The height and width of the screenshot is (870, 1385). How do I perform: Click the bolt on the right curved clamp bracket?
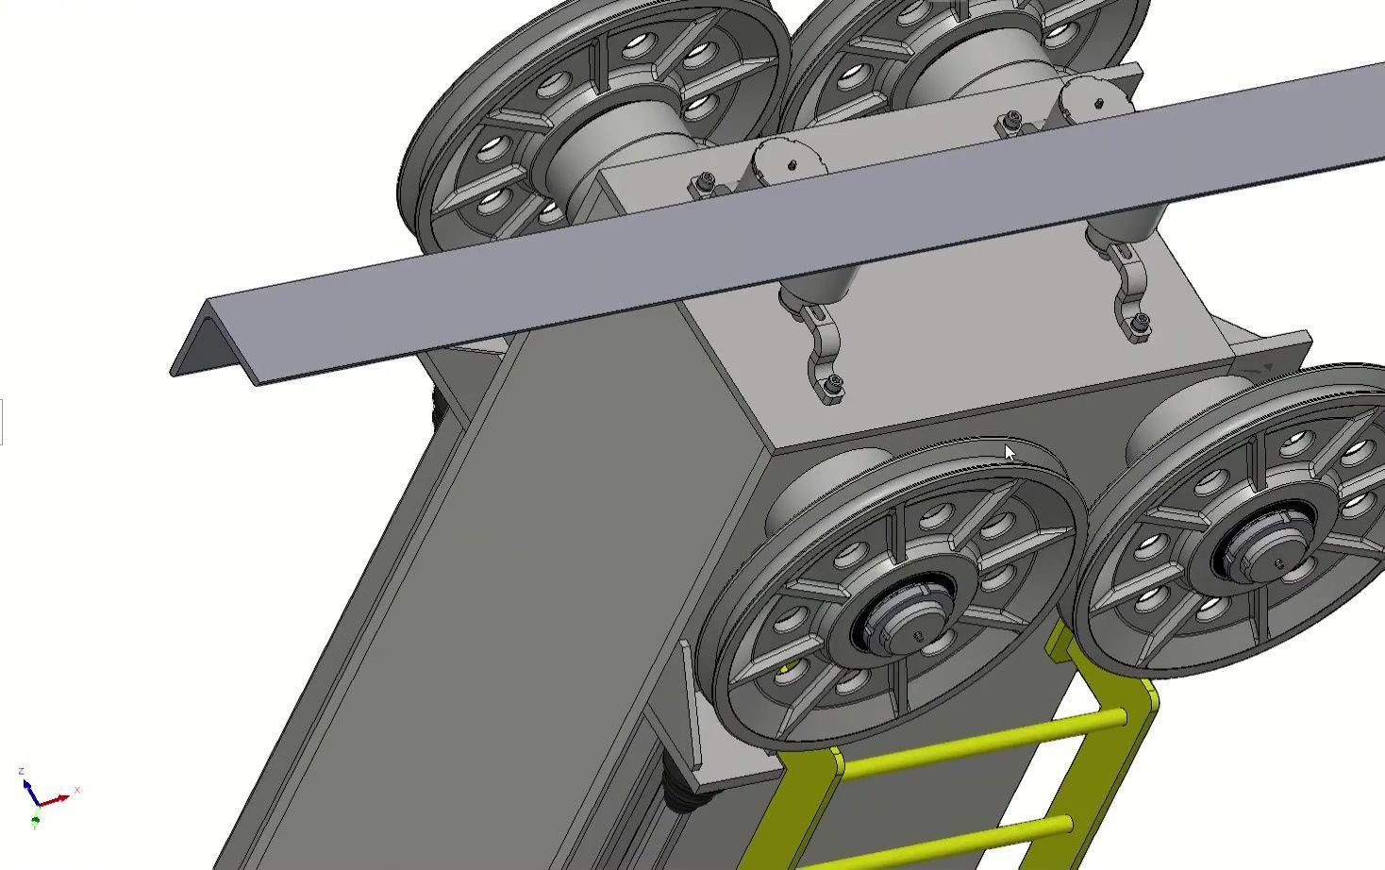(1139, 325)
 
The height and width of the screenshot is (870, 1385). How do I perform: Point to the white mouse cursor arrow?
(1010, 454)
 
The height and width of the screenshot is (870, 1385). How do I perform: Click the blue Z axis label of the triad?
(21, 772)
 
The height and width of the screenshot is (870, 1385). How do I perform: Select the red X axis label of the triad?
(76, 790)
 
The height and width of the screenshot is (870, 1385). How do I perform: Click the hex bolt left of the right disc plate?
(1011, 119)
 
